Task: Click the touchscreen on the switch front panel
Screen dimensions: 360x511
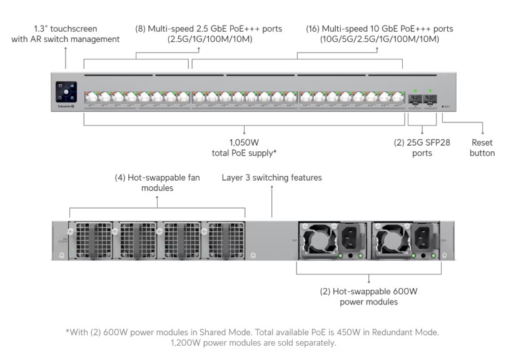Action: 66,92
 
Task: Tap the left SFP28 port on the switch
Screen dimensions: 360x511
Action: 413,98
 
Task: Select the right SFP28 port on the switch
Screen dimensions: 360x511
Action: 429,98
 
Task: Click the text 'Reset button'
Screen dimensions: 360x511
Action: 482,147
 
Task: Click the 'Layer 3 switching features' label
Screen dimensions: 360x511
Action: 272,178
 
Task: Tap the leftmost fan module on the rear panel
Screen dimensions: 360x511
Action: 91,239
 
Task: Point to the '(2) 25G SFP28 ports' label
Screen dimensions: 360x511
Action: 422,147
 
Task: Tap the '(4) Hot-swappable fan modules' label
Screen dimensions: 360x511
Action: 158,182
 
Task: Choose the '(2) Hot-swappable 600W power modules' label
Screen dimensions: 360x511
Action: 368,296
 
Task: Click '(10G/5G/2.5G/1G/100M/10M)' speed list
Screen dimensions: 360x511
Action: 380,39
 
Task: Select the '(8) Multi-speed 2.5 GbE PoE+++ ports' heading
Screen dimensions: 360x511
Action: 209,29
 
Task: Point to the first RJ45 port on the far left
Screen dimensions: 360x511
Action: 91,97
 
